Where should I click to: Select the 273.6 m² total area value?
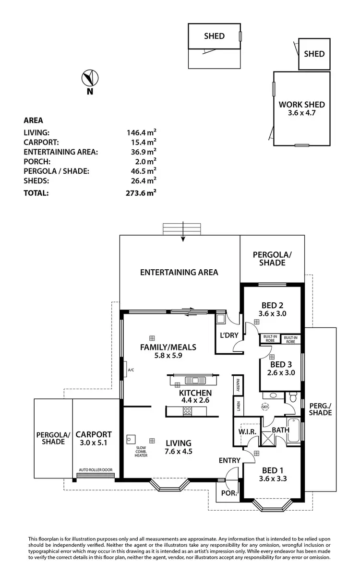[141, 193]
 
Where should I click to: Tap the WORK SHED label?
[301, 104]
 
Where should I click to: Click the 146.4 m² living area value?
[141, 132]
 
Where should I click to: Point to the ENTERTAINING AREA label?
[179, 272]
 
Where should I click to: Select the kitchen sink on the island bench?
[197, 381]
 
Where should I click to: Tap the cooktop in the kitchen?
[187, 411]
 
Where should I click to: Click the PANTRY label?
[238, 384]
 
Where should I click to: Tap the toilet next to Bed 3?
[293, 397]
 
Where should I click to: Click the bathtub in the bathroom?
[295, 430]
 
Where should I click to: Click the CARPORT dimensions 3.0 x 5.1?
[94, 443]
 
